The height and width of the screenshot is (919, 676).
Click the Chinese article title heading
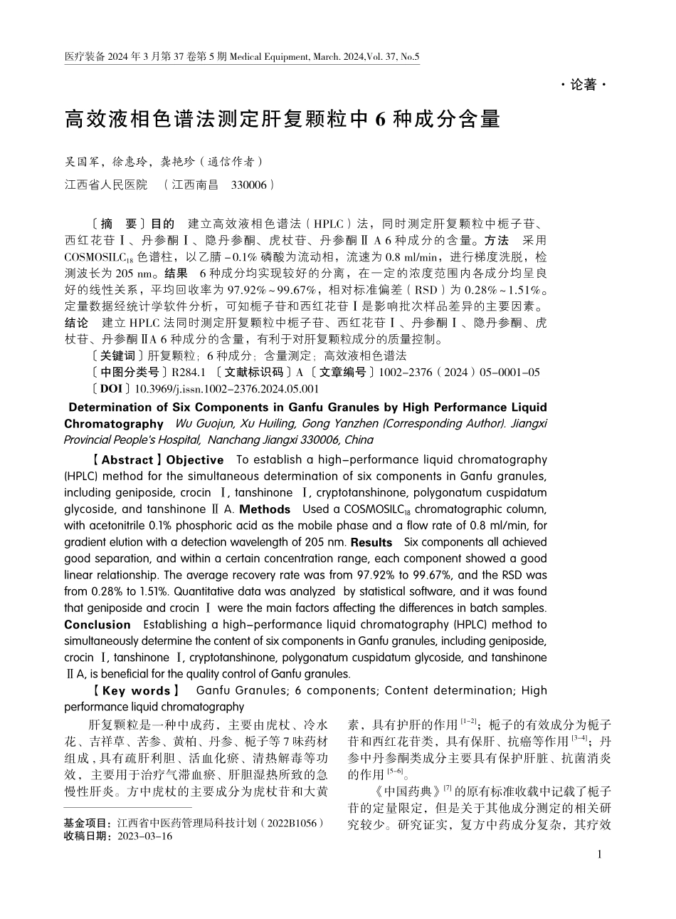click(282, 119)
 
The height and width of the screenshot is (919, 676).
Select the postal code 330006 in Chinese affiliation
click(250, 185)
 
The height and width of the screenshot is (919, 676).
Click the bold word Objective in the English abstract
click(195, 460)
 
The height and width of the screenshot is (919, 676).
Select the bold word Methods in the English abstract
click(265, 509)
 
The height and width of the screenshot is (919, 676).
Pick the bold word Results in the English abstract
click(371, 542)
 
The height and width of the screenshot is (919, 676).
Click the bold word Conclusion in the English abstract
click(97, 625)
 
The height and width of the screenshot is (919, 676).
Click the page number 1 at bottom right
click(601, 854)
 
